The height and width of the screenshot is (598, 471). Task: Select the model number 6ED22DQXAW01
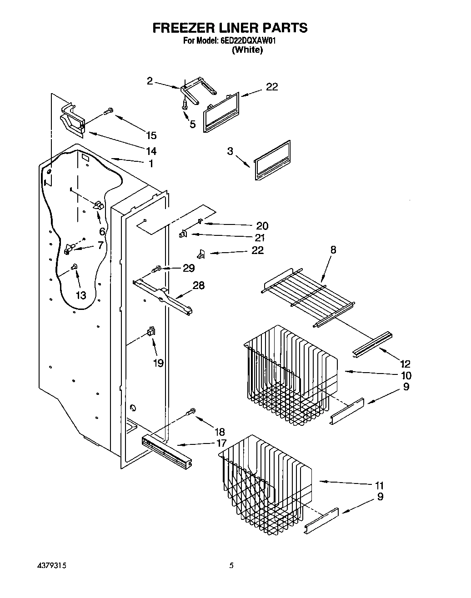248,40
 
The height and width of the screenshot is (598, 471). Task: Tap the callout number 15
151,135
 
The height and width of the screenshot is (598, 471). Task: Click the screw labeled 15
109,111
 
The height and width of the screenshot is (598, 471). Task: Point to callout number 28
199,285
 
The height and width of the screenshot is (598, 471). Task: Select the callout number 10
406,375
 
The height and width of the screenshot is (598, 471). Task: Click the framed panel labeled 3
273,160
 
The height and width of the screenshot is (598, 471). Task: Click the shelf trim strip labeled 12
372,344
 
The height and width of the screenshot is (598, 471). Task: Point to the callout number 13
80,295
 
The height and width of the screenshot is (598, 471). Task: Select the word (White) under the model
247,50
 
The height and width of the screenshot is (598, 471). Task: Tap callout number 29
188,268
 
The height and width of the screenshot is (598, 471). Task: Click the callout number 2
150,81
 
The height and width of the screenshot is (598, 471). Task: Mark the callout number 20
262,225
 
